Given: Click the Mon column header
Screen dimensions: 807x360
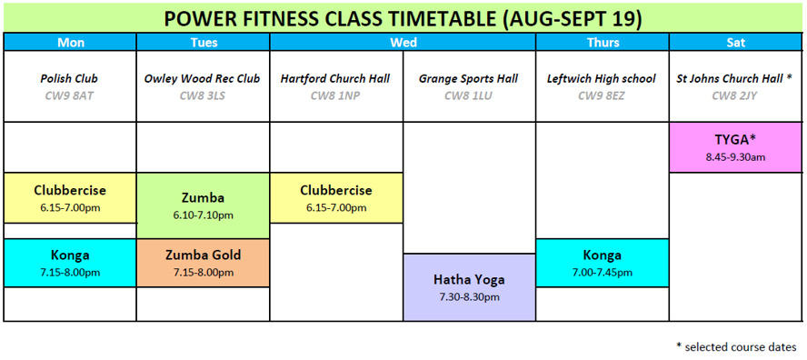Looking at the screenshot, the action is coord(71,42).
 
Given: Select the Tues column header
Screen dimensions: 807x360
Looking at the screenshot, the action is coord(204,42).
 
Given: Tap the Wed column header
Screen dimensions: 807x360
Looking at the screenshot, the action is coord(403,42).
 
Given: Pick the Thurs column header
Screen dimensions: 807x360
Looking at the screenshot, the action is coord(603,42).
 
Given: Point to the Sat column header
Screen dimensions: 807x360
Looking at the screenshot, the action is coord(736,42).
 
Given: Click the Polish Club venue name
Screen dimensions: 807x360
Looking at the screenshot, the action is coord(69,79).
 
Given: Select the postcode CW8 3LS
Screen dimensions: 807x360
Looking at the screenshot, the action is coord(204,95).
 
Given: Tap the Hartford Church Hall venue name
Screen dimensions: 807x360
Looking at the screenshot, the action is coord(335,79).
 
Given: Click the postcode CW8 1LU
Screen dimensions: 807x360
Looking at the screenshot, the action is coord(468,95).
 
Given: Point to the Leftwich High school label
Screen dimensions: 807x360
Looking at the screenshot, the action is coord(602,79).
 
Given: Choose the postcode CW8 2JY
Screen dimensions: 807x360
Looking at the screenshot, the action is coord(735,95).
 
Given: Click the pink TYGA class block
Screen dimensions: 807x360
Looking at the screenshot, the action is coord(736,147).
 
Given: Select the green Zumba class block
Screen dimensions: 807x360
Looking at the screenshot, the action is coord(204,205).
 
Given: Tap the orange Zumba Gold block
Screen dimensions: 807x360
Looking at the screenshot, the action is coord(204,263).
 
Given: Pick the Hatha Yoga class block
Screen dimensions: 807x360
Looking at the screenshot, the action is coord(469,287).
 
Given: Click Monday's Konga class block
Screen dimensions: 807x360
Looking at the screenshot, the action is coord(71,263).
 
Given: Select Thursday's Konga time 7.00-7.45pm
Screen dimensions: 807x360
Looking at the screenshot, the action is coord(603,273).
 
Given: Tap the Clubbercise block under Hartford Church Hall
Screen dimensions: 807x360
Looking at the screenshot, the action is coord(336,198).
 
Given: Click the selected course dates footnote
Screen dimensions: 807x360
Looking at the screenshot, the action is coord(739,345).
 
